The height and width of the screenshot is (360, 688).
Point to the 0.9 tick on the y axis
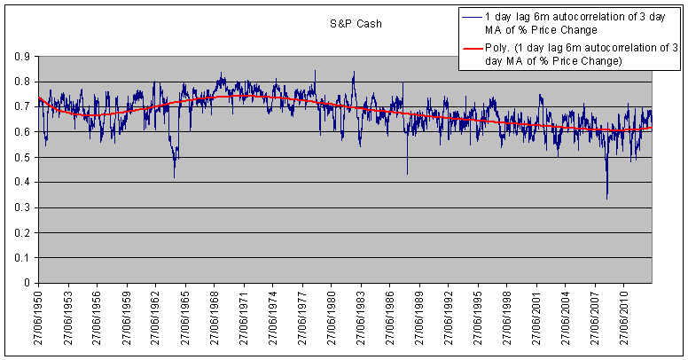click(21, 57)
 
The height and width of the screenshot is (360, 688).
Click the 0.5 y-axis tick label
click(21, 158)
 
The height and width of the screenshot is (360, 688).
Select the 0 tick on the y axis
click(26, 284)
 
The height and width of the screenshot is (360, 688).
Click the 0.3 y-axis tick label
click(21, 208)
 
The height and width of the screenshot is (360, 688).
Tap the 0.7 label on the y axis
click(21, 107)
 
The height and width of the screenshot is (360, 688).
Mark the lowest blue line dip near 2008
click(607, 198)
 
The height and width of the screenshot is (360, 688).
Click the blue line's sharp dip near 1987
click(407, 173)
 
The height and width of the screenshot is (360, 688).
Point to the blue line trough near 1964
click(174, 176)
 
